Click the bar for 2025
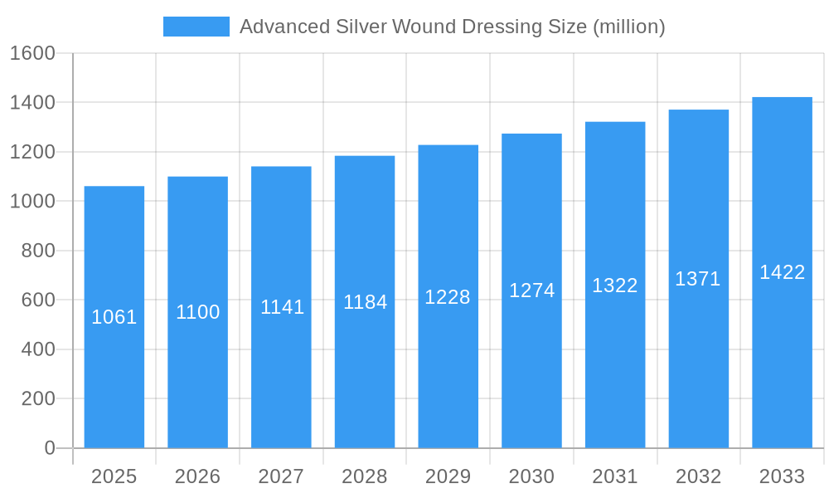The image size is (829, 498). coord(114,382)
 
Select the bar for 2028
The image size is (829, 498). coord(365,373)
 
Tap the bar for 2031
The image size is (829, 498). coord(615,365)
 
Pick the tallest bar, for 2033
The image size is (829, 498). coord(782,357)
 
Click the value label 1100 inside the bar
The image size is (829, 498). coord(198,312)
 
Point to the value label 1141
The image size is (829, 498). coord(282,307)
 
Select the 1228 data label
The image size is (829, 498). coord(448,297)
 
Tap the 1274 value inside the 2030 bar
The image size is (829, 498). coord(531,290)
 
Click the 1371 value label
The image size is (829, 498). coord(698,279)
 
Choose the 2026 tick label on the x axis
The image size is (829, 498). coord(198,476)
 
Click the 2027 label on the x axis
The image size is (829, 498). coord(281,476)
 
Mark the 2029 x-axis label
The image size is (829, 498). coord(448,476)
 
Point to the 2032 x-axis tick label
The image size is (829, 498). coord(698,476)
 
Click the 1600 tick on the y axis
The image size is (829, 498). coord(32,53)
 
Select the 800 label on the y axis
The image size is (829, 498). coord(38,251)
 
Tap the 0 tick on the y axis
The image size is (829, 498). coord(50,448)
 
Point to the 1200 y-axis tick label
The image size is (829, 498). coord(32,152)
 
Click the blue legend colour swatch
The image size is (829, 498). coord(196,27)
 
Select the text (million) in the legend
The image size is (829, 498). coord(628,27)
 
